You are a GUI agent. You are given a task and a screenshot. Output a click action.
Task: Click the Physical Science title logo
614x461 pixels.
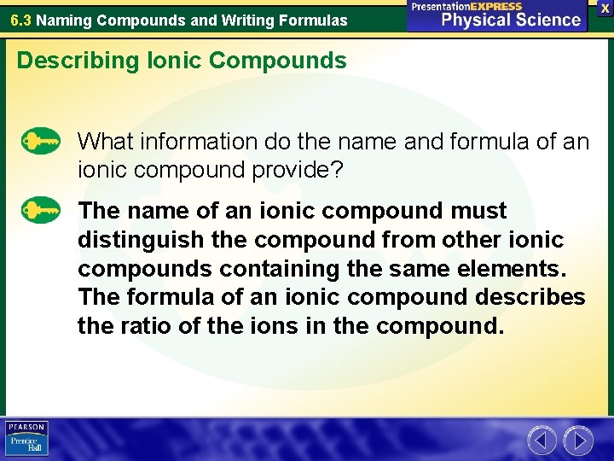[497, 16]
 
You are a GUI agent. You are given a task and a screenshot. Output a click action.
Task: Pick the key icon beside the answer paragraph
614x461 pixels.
[40, 209]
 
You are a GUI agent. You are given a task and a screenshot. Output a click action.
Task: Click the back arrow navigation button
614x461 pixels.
[542, 441]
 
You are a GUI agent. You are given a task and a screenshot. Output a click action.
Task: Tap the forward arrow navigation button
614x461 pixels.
[578, 441]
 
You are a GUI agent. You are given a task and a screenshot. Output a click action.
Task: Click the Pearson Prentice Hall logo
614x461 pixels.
[26, 438]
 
